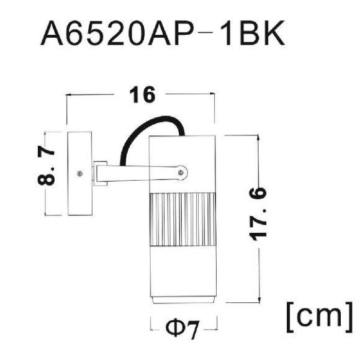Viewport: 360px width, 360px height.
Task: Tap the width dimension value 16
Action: (x=142, y=96)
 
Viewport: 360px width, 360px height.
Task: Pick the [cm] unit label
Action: (x=319, y=316)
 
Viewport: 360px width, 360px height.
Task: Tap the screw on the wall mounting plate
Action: (x=78, y=174)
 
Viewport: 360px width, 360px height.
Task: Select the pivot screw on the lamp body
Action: (x=180, y=173)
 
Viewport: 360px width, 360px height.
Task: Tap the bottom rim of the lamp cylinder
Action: (x=184, y=300)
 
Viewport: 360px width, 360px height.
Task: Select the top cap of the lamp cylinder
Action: (x=184, y=142)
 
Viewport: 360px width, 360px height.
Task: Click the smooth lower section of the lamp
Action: (x=184, y=273)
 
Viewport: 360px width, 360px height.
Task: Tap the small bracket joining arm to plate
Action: (x=99, y=174)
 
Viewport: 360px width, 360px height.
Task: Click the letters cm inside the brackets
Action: (x=319, y=317)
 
